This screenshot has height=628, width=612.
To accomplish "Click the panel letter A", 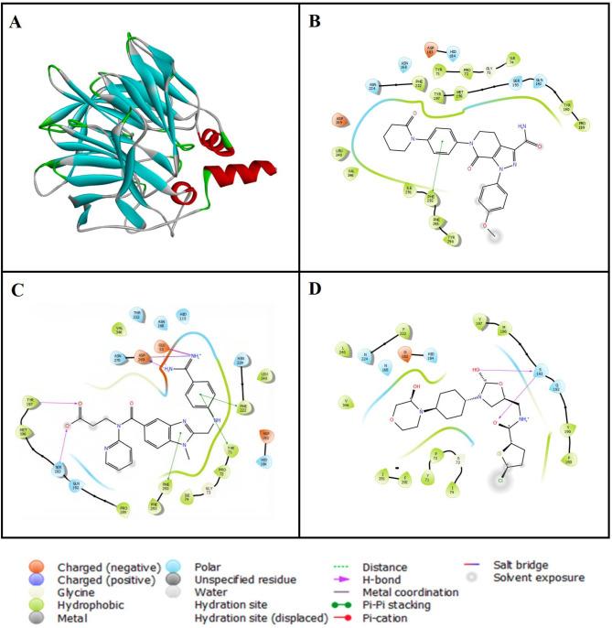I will pyautogui.click(x=16, y=22).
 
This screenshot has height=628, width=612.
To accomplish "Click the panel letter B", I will pyautogui.click(x=317, y=22).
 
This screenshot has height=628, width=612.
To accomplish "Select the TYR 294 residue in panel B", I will pyautogui.click(x=451, y=240).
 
